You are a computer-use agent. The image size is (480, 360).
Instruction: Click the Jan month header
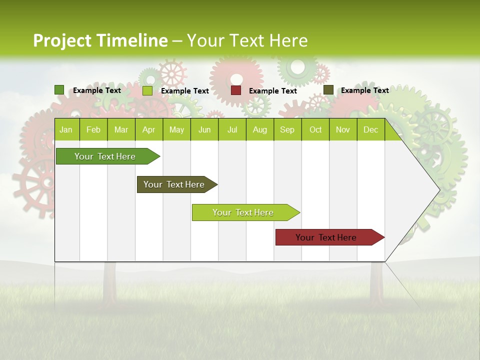coord(66,129)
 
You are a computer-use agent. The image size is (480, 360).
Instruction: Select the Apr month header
coord(149,129)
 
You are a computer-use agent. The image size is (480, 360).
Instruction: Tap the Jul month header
coord(232,129)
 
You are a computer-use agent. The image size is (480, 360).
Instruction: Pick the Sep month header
coord(287,129)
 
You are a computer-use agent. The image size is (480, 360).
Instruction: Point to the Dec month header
coord(371,129)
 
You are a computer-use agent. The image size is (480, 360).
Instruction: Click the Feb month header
coord(93,129)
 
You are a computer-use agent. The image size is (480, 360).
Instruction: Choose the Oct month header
coord(315,129)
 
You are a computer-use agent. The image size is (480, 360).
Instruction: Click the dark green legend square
coord(59,90)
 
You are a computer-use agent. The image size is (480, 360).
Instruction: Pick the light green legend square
coord(147,90)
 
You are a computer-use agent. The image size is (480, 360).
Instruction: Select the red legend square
coord(236,90)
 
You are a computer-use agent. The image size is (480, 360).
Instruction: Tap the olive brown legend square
coord(328,90)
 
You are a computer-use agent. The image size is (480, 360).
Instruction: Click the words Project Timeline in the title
coord(100,40)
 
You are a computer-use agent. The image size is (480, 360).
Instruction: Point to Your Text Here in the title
coord(247,40)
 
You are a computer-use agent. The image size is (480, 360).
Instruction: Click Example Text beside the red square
coord(273,91)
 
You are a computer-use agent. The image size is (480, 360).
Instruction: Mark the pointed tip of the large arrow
coord(438,189)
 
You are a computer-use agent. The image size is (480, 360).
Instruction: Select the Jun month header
coord(204,129)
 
